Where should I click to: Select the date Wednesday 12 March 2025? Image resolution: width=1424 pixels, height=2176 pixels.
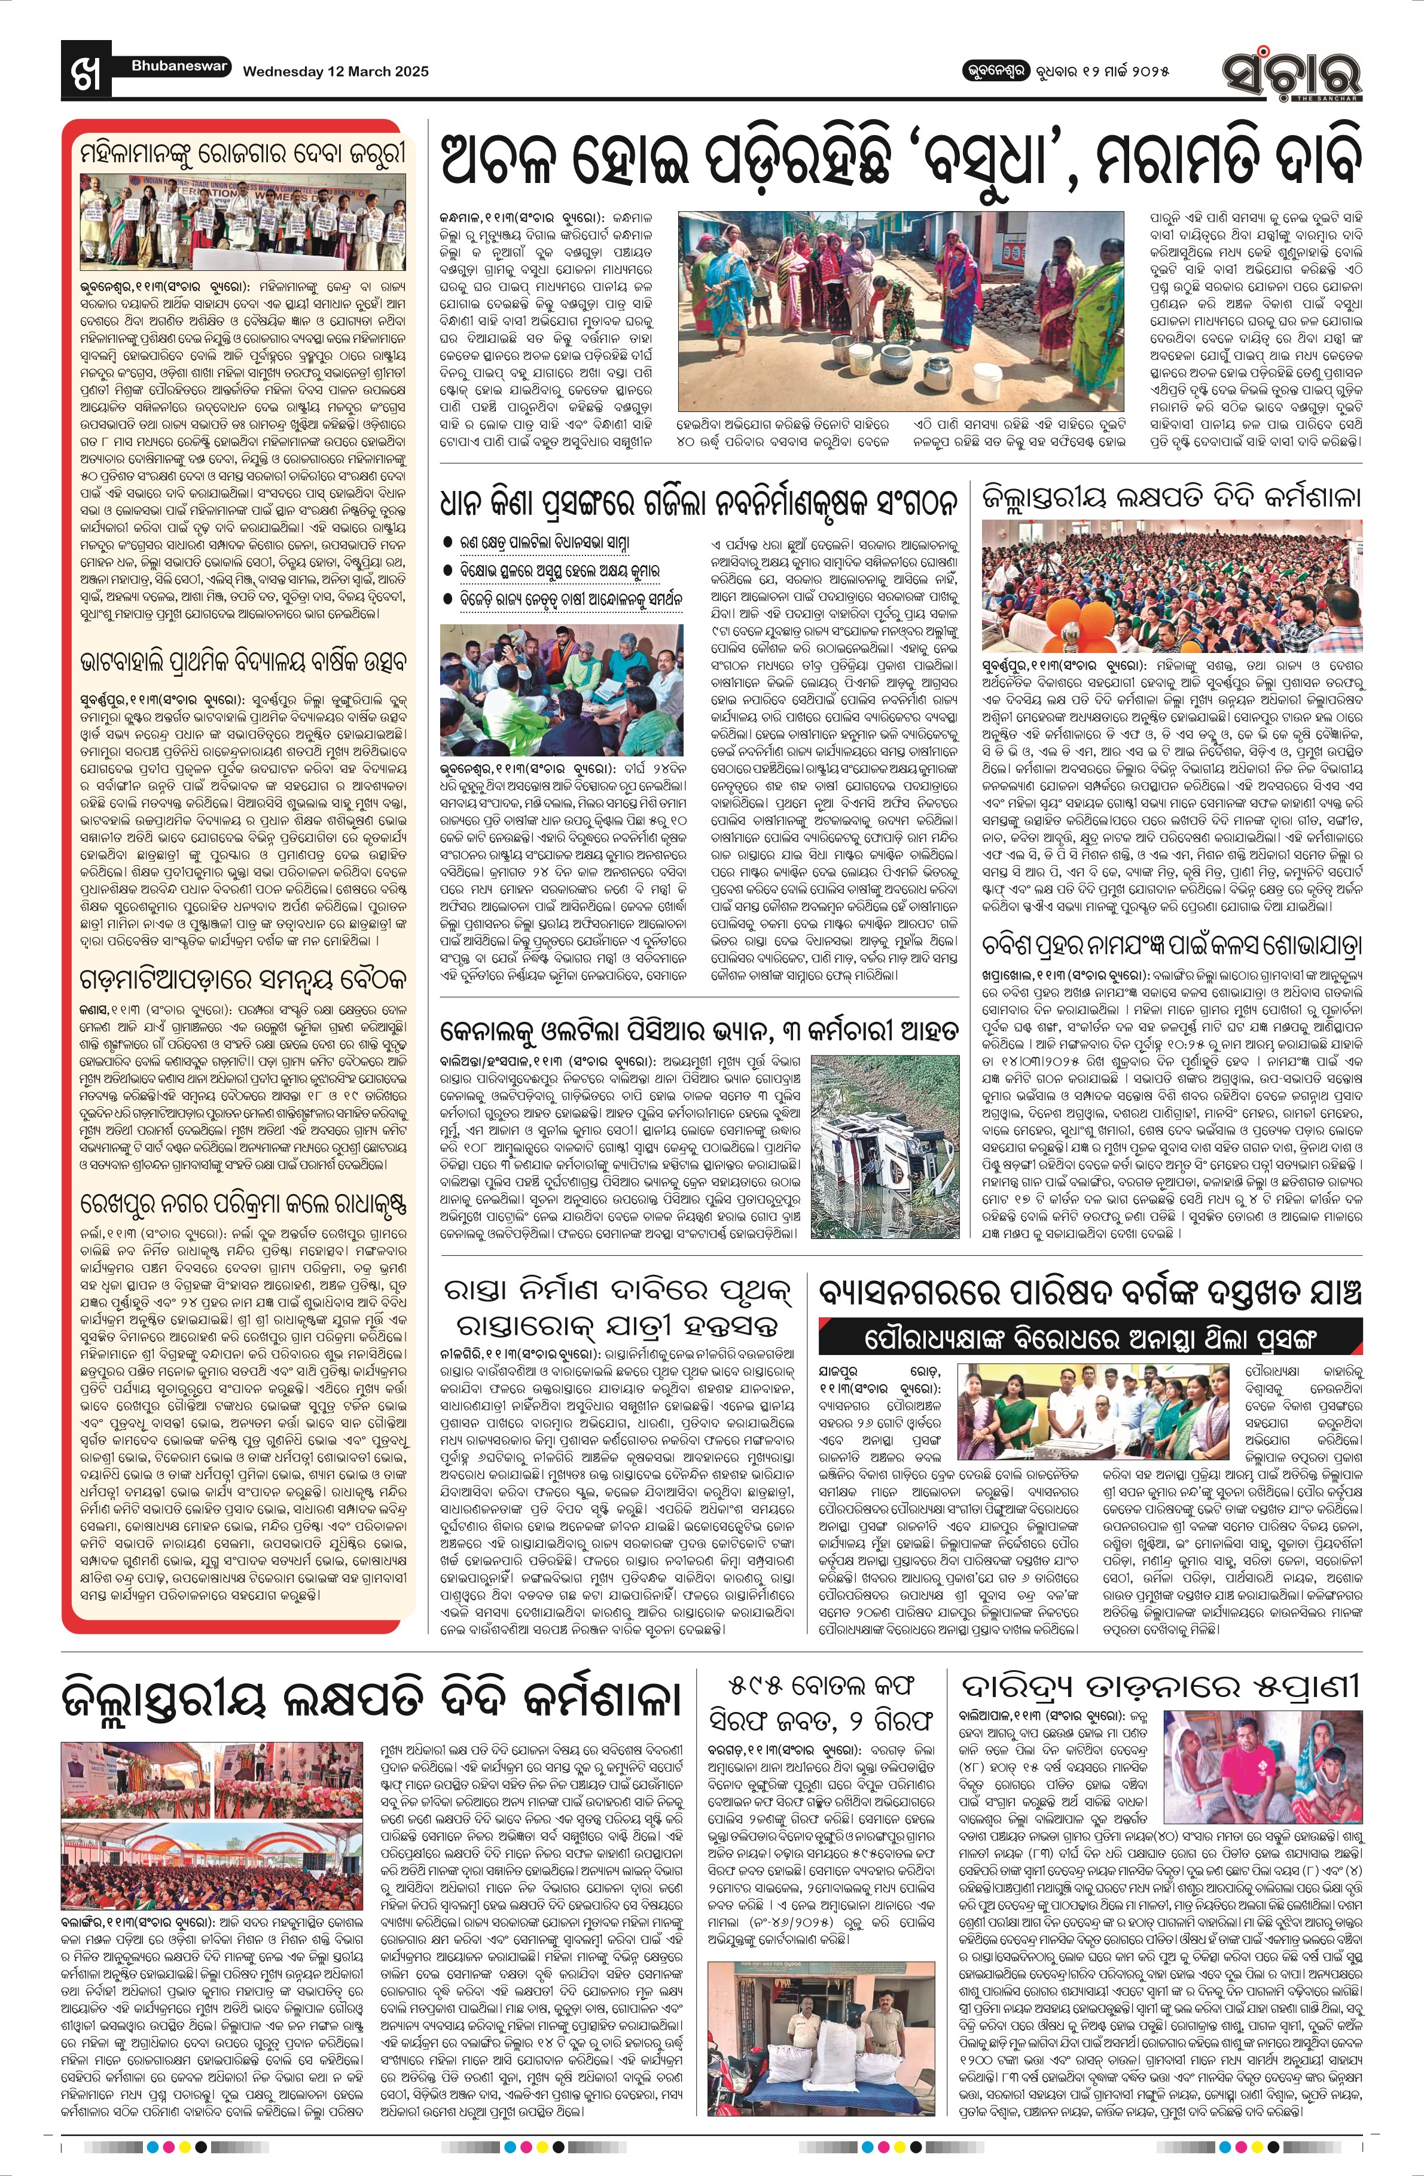point(335,71)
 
